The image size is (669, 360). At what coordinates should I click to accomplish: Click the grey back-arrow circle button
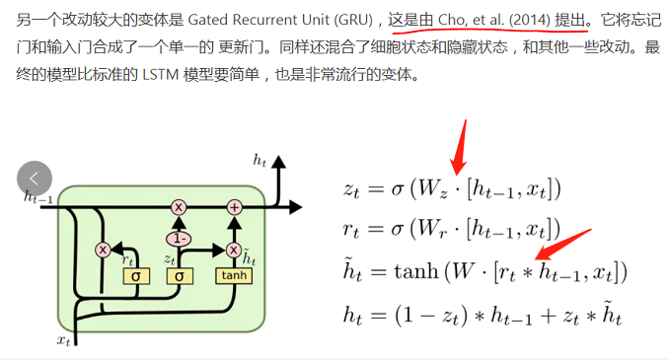click(35, 179)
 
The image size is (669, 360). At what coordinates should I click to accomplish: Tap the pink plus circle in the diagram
click(234, 206)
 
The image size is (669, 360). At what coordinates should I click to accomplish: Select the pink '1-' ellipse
click(179, 238)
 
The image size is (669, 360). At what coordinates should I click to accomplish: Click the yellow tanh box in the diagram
click(234, 275)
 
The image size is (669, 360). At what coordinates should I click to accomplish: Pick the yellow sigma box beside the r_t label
click(134, 275)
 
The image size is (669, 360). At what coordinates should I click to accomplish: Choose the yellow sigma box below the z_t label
click(179, 275)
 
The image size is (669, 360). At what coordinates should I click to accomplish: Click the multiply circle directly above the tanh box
click(234, 249)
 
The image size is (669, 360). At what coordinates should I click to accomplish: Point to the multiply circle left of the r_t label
click(102, 249)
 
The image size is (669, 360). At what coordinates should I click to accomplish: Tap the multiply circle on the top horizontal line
click(179, 206)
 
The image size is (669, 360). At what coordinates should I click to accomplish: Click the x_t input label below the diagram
click(63, 340)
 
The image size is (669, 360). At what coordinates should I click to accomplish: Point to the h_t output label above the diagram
click(260, 159)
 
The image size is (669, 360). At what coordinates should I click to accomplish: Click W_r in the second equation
click(438, 231)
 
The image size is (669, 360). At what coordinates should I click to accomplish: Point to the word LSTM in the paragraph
click(180, 73)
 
